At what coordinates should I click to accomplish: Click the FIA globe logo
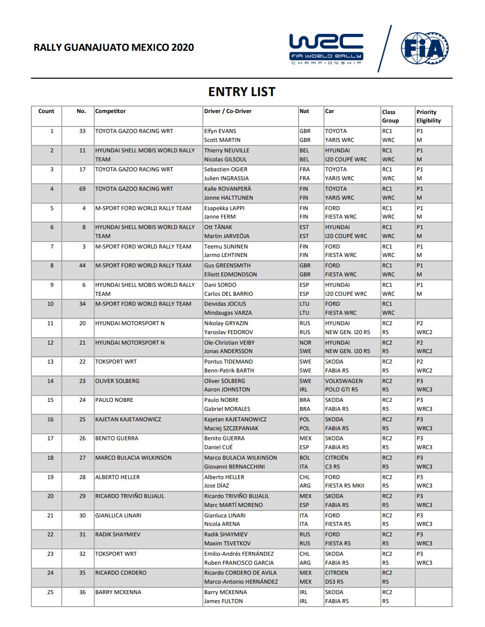click(425, 49)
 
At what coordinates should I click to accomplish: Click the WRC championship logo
click(326, 49)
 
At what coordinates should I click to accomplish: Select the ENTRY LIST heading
click(242, 92)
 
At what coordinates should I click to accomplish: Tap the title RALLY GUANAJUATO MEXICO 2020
click(114, 48)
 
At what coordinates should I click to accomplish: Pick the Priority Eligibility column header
click(429, 116)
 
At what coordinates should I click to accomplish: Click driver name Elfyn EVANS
click(220, 131)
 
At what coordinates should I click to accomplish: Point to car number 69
click(82, 189)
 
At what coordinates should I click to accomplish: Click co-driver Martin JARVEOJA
click(227, 236)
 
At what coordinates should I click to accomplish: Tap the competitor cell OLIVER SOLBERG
click(117, 381)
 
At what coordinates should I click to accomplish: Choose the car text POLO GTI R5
click(341, 390)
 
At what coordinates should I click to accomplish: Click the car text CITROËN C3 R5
click(337, 462)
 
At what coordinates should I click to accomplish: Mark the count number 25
click(50, 593)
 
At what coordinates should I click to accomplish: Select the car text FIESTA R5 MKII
click(344, 486)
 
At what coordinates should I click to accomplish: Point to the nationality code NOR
click(306, 343)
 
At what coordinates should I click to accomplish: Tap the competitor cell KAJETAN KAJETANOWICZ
click(128, 420)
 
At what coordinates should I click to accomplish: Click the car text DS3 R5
click(334, 582)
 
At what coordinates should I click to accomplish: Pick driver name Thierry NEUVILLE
click(226, 151)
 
